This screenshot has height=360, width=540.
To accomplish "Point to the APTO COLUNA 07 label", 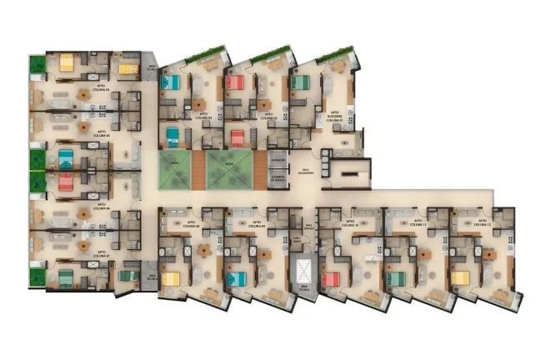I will [x=102, y=251].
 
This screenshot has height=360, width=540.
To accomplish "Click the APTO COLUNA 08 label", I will [x=192, y=223].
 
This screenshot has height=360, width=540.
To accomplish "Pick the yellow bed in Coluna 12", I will [x=461, y=277].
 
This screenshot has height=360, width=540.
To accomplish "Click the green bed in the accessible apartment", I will [x=301, y=82].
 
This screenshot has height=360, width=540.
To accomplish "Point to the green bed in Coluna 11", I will [x=395, y=278].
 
